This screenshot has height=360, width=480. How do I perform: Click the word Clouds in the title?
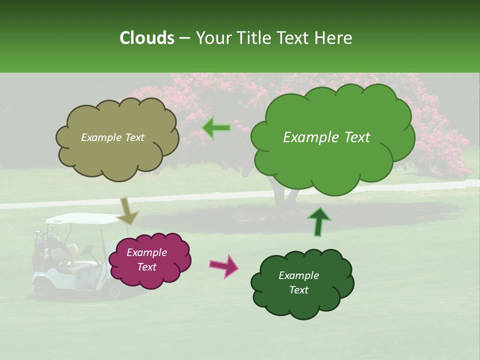tap(147, 38)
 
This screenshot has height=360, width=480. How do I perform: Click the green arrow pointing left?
tap(216, 128)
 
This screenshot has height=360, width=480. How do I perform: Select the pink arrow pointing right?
tap(224, 265)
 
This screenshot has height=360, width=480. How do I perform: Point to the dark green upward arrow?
tap(319, 221)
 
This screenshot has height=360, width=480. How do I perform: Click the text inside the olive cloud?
tap(112, 137)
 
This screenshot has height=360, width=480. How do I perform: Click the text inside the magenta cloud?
tap(146, 260)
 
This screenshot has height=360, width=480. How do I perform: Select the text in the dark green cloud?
tap(298, 283)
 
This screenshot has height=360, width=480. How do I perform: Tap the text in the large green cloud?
tap(326, 137)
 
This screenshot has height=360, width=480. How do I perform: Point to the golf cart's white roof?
tap(80, 218)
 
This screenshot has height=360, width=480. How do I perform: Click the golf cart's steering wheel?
tap(88, 250)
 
